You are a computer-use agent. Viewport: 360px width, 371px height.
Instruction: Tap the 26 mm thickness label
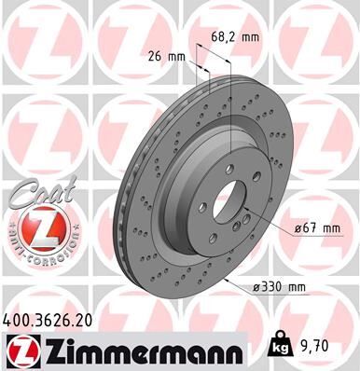(x=167, y=56)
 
